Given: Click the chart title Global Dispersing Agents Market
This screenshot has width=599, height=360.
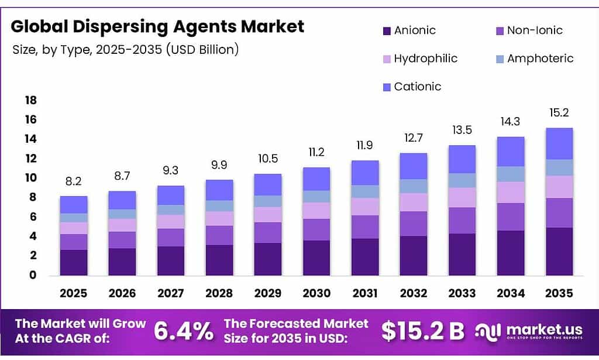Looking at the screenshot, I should click(x=158, y=26).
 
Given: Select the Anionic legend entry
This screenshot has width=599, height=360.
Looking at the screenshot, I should click(x=414, y=30).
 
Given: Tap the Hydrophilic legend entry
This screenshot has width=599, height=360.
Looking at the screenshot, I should click(x=425, y=59).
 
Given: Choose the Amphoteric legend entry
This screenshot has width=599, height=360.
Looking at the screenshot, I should click(x=540, y=59).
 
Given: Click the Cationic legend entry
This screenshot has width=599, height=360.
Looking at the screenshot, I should click(x=417, y=87).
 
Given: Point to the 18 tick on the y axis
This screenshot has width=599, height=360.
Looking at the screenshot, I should click(x=30, y=100).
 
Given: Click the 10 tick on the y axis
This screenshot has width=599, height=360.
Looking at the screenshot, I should click(x=30, y=178).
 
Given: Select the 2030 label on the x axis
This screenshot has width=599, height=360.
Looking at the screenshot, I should click(x=316, y=293).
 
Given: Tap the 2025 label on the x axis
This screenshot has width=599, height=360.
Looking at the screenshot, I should click(x=74, y=293).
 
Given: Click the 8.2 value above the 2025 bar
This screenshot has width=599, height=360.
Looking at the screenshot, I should click(x=74, y=181).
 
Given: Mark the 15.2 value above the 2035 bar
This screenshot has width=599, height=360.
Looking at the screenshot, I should click(x=559, y=113).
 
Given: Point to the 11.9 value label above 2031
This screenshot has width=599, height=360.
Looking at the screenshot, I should click(x=365, y=146).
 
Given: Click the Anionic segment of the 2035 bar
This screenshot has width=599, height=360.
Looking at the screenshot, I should click(x=559, y=252).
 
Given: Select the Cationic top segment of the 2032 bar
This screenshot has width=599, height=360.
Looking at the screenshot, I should click(x=414, y=166).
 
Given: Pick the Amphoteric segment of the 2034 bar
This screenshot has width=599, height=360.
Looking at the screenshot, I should click(x=511, y=174).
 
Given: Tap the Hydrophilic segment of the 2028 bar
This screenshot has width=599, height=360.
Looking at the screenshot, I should click(x=219, y=218).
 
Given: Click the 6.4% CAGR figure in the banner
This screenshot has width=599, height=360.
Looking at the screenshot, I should click(x=184, y=331).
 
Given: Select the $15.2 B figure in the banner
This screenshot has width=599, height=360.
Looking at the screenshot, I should click(x=422, y=331).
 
